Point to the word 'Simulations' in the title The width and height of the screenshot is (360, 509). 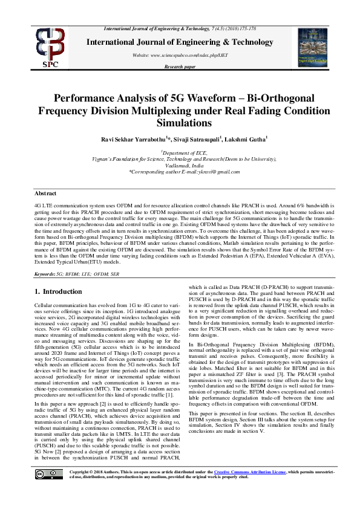(180, 122)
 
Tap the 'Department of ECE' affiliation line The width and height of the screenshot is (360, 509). (180, 154)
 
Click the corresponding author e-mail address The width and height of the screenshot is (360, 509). (180, 172)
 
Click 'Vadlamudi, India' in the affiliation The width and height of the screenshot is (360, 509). (180, 166)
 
